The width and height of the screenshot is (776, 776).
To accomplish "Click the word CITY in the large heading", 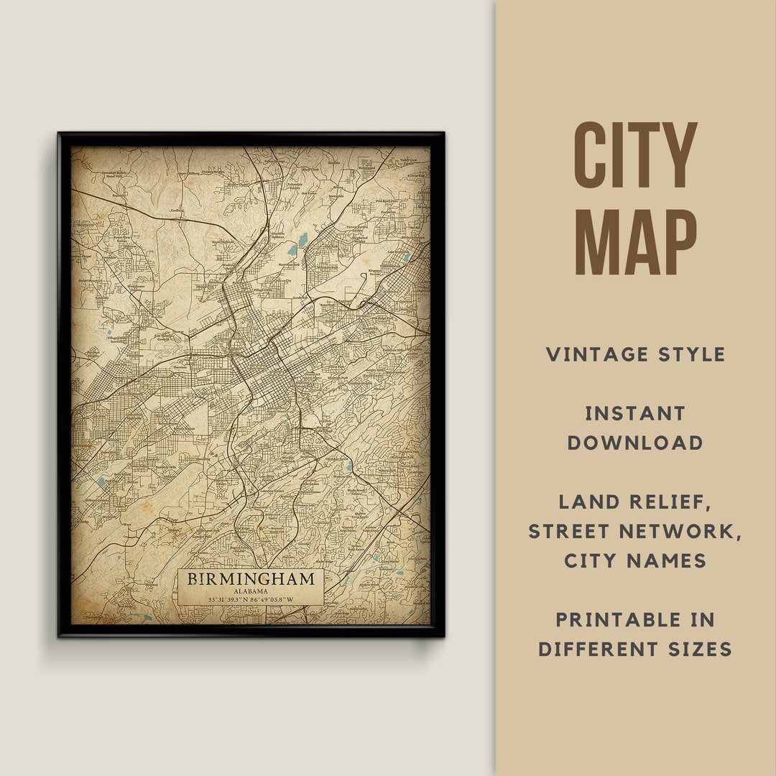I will pyautogui.click(x=635, y=155).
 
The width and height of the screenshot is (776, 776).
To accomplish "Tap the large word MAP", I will pyautogui.click(x=635, y=242).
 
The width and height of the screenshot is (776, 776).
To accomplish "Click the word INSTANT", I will pyautogui.click(x=635, y=413).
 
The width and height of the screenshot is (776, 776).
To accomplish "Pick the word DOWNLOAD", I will pyautogui.click(x=635, y=443).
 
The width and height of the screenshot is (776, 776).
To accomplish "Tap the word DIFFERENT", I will pyautogui.click(x=592, y=650).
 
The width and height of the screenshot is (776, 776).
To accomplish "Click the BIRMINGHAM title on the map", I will pyautogui.click(x=251, y=578).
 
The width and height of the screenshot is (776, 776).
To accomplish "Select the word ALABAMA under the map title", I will pyautogui.click(x=251, y=591).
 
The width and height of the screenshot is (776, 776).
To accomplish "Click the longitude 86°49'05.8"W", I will pyautogui.click(x=274, y=599).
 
